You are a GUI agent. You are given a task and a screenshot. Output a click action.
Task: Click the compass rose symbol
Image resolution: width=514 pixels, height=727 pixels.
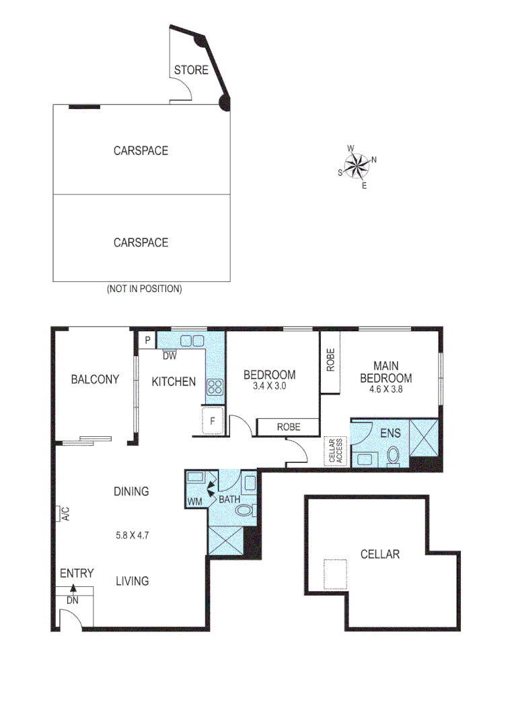click(x=357, y=166)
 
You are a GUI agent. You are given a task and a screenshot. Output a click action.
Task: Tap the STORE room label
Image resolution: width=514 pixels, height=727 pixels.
click(x=191, y=70)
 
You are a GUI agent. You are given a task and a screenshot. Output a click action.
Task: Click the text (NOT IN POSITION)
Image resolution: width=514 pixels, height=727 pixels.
click(x=144, y=289)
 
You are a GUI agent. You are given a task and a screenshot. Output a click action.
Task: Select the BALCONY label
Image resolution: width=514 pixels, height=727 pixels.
click(x=95, y=380)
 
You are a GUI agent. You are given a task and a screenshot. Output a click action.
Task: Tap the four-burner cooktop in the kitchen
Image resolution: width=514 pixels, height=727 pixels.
click(x=215, y=386)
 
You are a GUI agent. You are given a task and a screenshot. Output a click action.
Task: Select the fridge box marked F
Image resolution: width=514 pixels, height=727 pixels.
click(x=213, y=422)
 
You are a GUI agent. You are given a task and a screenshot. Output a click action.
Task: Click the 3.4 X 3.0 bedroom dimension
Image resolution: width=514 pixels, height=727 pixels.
click(x=269, y=387)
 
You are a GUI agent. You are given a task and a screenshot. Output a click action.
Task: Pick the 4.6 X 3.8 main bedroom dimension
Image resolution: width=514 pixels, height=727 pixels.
click(x=390, y=389)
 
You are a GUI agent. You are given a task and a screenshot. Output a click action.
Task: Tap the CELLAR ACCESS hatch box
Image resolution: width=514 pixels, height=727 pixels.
click(x=334, y=451)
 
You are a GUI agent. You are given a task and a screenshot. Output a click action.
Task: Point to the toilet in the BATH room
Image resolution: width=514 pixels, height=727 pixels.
click(x=244, y=512)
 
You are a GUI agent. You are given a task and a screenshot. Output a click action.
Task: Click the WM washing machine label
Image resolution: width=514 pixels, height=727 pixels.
click(x=194, y=501)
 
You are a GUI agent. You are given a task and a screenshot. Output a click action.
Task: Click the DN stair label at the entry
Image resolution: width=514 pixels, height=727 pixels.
click(x=72, y=600)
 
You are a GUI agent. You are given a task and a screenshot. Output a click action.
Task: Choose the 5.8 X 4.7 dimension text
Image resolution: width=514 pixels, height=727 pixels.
click(x=131, y=536)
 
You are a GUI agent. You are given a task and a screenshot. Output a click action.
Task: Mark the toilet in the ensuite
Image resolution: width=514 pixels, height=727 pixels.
click(x=394, y=456)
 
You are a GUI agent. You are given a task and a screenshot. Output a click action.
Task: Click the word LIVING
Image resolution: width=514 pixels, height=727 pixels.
click(x=132, y=581)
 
